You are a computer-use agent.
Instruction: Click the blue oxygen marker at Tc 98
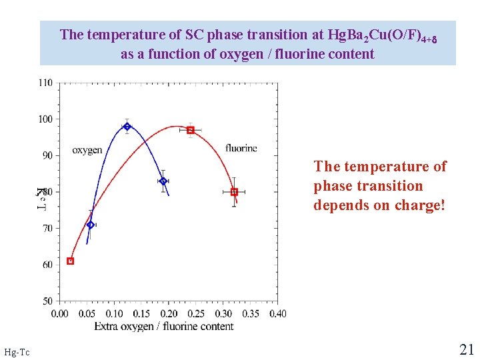point(127,126)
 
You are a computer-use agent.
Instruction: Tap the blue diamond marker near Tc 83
point(163,181)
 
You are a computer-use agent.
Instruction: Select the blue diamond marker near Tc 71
point(91,225)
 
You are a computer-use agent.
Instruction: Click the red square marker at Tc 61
point(71,261)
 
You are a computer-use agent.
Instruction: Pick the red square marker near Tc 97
point(191,130)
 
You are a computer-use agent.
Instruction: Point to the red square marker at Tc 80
point(234,192)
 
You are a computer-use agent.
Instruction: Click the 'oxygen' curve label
point(87,150)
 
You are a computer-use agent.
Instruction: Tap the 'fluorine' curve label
point(241,148)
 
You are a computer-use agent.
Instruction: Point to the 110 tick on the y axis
point(45,83)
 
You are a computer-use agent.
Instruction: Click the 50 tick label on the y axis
point(47,301)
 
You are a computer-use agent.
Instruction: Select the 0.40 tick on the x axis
point(277,313)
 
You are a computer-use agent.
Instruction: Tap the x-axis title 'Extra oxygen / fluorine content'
point(163,326)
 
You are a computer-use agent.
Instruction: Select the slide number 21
point(466,349)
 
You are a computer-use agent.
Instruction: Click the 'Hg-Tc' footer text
point(17,351)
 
